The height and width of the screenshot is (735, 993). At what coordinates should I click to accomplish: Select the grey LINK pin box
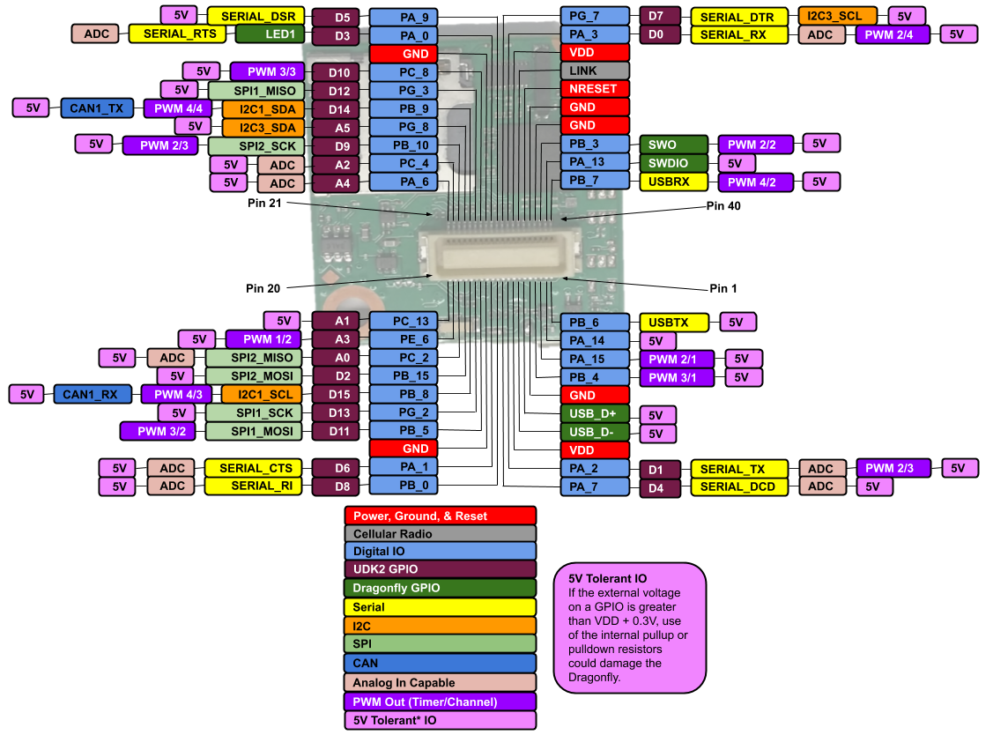[x=595, y=71]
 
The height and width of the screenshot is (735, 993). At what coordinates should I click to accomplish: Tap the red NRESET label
[x=595, y=89]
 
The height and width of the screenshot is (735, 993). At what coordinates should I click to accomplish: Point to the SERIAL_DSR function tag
[x=256, y=16]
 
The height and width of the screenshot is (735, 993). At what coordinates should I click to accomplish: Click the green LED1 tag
[x=270, y=34]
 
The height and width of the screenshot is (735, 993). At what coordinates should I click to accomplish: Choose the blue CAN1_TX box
[x=97, y=108]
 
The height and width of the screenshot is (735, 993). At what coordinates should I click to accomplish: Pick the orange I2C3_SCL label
[x=837, y=16]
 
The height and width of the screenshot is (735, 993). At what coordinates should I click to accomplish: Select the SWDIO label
[x=674, y=163]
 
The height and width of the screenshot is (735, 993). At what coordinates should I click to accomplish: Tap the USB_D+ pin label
[x=595, y=413]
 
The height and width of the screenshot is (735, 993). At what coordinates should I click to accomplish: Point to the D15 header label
[x=341, y=395]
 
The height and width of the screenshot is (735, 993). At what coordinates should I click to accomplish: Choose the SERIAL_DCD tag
[x=739, y=486]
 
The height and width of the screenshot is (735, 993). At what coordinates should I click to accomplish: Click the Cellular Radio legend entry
[x=440, y=534]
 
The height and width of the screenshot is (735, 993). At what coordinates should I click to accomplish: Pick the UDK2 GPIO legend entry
[x=440, y=569]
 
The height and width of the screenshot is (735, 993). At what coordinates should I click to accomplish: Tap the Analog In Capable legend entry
[x=440, y=683]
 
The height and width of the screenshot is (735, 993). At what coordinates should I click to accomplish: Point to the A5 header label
[x=341, y=128]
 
